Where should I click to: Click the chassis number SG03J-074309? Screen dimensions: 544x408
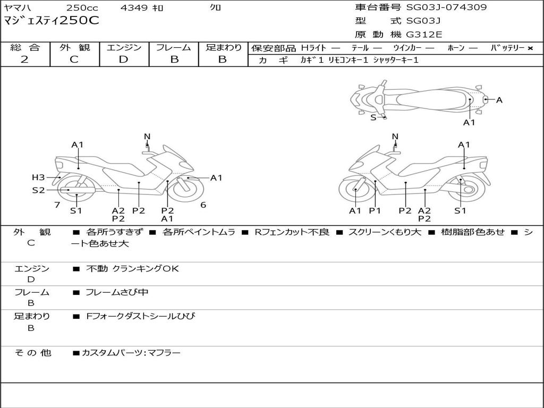446,7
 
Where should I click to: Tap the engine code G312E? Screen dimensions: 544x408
424,35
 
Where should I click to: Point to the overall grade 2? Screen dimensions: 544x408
24,59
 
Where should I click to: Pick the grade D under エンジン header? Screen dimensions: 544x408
123,59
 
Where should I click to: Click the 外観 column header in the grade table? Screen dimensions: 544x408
74,48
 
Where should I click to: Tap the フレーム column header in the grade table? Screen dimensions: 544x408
174,48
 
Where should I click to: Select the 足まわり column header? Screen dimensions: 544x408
223,48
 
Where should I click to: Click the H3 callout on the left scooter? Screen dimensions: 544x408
38,177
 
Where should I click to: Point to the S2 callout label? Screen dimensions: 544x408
38,190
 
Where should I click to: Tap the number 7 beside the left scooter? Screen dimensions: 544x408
57,205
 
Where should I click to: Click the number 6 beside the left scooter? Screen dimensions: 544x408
203,205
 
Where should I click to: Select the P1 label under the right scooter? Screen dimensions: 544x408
375,211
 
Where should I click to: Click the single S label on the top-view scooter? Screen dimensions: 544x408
373,117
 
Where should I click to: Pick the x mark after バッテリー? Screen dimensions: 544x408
530,48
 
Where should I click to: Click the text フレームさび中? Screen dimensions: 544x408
117,292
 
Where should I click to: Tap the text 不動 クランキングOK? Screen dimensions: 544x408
132,269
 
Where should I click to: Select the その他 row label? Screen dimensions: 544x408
32,353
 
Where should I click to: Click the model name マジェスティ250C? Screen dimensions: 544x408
51,21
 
